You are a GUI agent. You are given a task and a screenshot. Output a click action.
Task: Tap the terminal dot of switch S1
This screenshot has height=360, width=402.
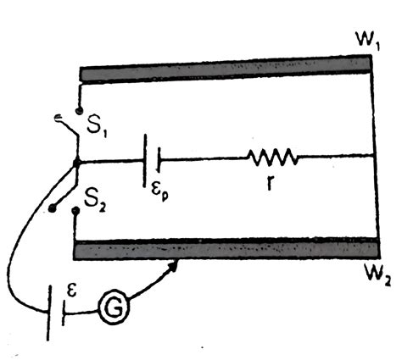click(78, 109)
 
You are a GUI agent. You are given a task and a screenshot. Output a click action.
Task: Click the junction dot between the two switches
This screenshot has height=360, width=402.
click(77, 161)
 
